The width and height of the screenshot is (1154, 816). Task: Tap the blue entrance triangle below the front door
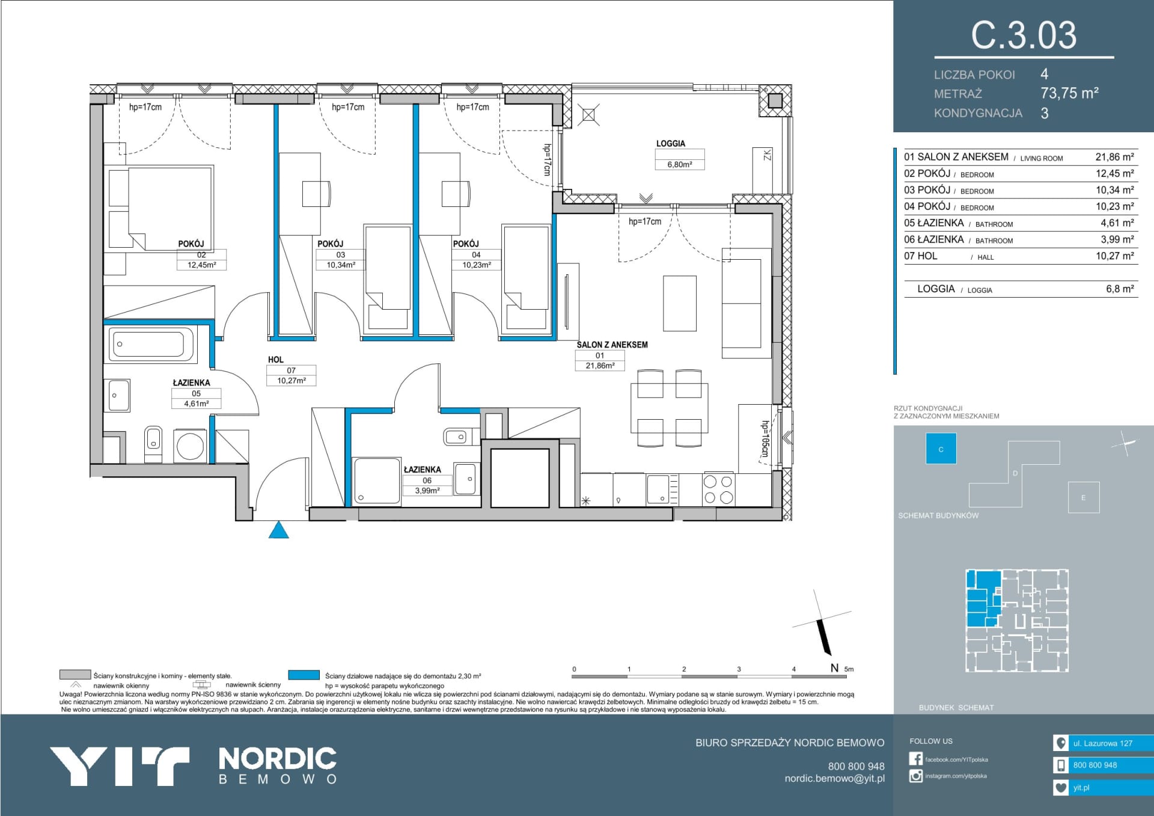click(x=279, y=530)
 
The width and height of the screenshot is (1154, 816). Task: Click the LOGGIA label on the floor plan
click(x=670, y=144)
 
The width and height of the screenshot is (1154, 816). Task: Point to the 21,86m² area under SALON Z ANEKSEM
click(x=600, y=366)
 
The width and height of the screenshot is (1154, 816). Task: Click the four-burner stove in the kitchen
click(x=718, y=489)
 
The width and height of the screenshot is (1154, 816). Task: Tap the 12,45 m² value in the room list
click(x=1114, y=174)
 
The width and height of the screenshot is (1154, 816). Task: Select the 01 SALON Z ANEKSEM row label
click(x=956, y=157)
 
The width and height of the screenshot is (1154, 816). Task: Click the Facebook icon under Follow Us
click(x=915, y=759)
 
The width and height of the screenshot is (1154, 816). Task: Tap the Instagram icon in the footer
click(x=915, y=776)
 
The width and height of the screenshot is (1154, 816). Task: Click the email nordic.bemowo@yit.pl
click(x=834, y=779)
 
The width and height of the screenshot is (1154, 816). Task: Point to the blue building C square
click(x=941, y=449)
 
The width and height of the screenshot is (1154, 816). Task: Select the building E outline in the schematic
click(x=1083, y=497)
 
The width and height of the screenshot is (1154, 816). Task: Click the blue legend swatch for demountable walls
click(x=304, y=675)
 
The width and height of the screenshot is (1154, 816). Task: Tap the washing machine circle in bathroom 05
click(x=190, y=446)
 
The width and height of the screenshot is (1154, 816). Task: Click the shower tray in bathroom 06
click(x=376, y=480)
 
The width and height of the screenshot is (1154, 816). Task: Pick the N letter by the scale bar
click(x=834, y=668)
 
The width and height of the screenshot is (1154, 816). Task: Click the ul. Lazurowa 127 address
click(x=1102, y=743)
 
